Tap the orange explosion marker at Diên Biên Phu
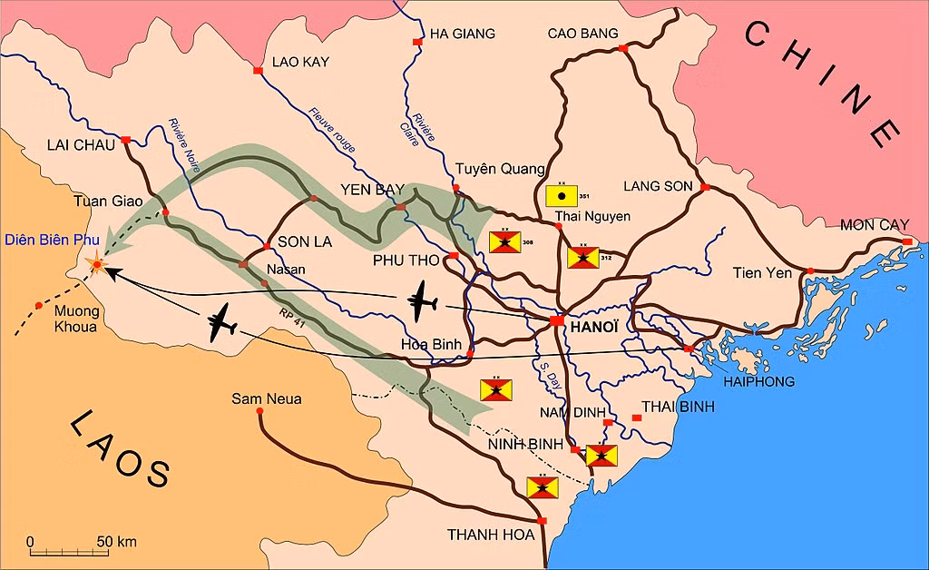[95, 264]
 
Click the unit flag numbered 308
[504, 241]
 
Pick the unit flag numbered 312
[582, 257]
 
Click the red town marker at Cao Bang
[622, 48]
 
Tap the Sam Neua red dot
[259, 411]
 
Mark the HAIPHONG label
[759, 381]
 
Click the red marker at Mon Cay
[906, 241]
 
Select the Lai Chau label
[82, 144]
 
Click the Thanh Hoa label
[491, 535]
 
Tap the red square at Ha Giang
[417, 43]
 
